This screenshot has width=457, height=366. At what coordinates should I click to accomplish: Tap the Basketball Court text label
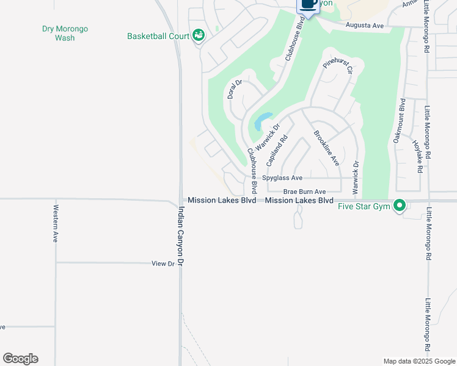coord(158,36)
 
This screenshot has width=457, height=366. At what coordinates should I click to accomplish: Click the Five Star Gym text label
coord(364,207)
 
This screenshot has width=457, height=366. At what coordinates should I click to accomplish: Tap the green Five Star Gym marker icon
coord(400,206)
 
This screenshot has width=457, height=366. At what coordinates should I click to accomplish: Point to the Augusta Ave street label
coord(364,26)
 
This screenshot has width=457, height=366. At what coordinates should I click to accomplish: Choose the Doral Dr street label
coord(234,90)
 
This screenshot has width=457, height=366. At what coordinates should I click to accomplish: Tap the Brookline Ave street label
coord(326,148)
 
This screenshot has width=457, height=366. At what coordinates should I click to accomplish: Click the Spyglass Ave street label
coord(282,178)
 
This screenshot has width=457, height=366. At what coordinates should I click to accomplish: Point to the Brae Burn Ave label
coord(304,192)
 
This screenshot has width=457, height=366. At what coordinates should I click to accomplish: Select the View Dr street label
coord(163,264)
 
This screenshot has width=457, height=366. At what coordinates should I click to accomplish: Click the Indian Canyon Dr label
coord(181,235)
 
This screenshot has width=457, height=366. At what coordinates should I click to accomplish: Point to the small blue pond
coord(264,121)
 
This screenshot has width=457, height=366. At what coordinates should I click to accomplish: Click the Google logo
coord(20,359)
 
